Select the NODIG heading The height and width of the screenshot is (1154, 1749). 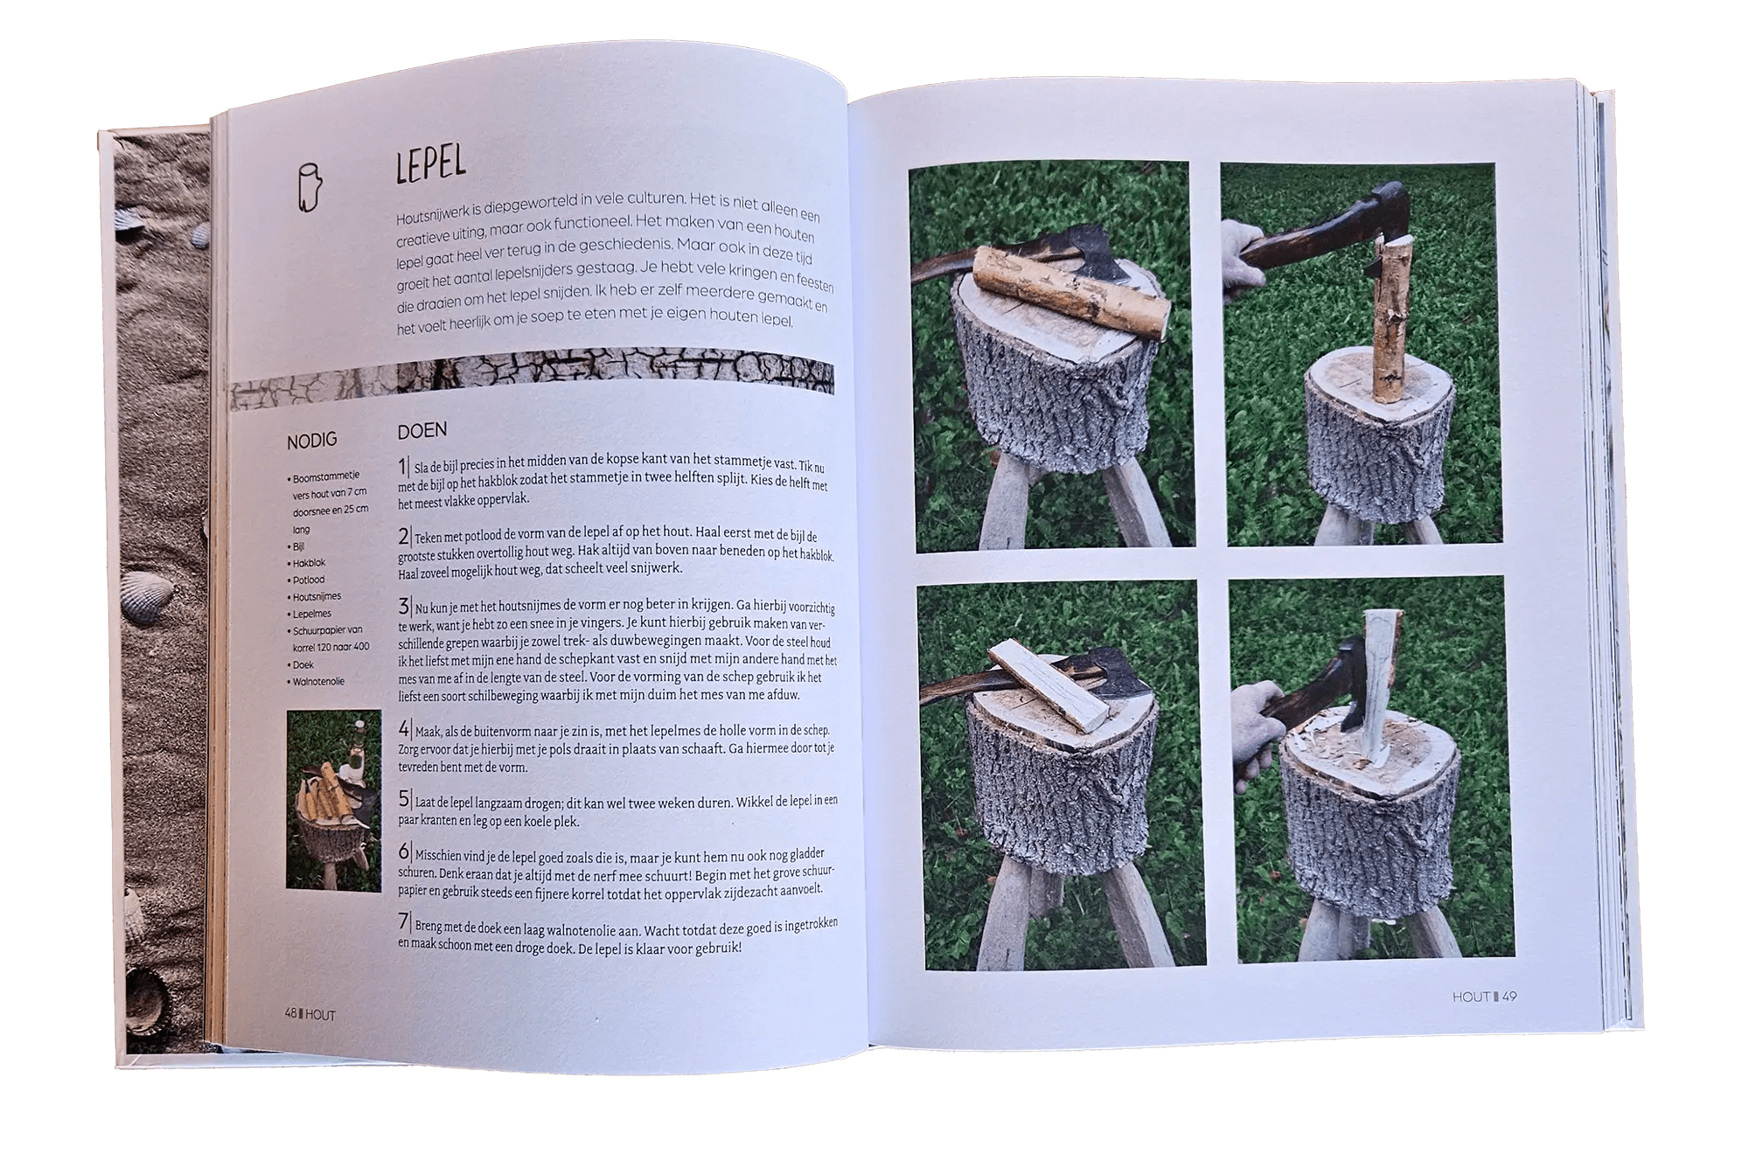click(311, 441)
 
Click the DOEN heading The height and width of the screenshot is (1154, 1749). click(422, 430)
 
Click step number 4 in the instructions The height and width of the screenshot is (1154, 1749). click(404, 729)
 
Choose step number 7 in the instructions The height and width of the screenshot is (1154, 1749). click(404, 921)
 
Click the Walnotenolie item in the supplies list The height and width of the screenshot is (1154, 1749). click(317, 682)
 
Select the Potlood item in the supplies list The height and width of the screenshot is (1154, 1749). click(308, 580)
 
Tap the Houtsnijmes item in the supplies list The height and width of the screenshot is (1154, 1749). click(316, 596)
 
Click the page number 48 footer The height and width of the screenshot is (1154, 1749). click(310, 1014)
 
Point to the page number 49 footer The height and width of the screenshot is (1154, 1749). click(1485, 997)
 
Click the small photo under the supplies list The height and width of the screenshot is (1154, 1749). click(334, 800)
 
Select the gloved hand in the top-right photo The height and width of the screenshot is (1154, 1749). click(1242, 260)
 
